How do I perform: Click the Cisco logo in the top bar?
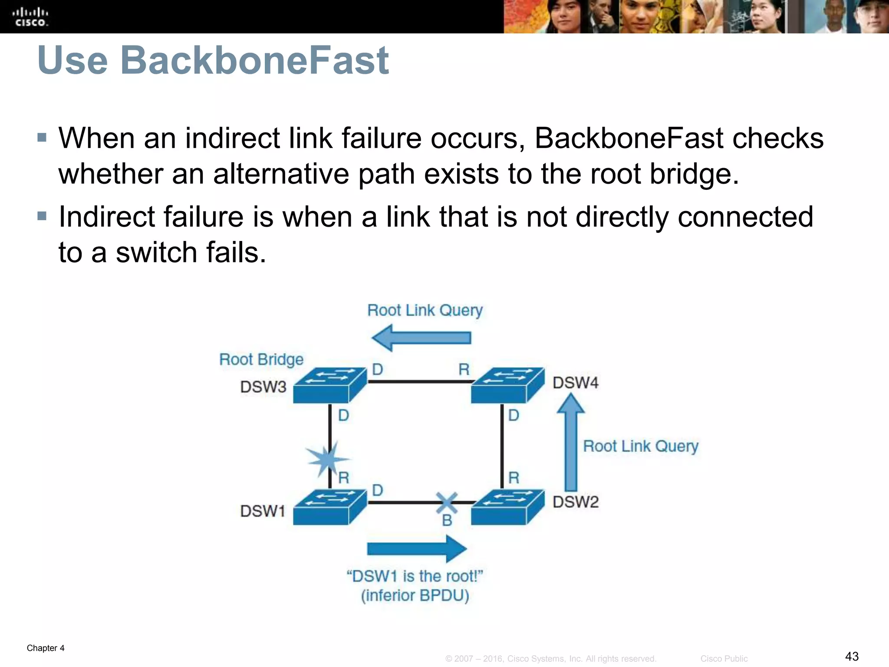click(30, 17)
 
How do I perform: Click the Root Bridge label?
click(261, 360)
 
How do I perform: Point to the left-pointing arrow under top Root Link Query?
click(421, 338)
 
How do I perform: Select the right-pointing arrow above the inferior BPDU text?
click(417, 549)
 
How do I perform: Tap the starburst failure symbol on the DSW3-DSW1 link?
click(327, 459)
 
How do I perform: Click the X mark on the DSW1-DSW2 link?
click(447, 503)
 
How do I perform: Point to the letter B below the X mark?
click(447, 520)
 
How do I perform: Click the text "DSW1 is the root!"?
click(415, 576)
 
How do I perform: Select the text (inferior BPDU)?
click(415, 595)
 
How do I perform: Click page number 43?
click(852, 656)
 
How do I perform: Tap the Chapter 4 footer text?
click(46, 648)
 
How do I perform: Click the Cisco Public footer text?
click(724, 659)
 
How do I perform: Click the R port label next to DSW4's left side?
click(464, 370)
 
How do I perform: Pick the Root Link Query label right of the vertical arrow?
click(641, 446)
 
